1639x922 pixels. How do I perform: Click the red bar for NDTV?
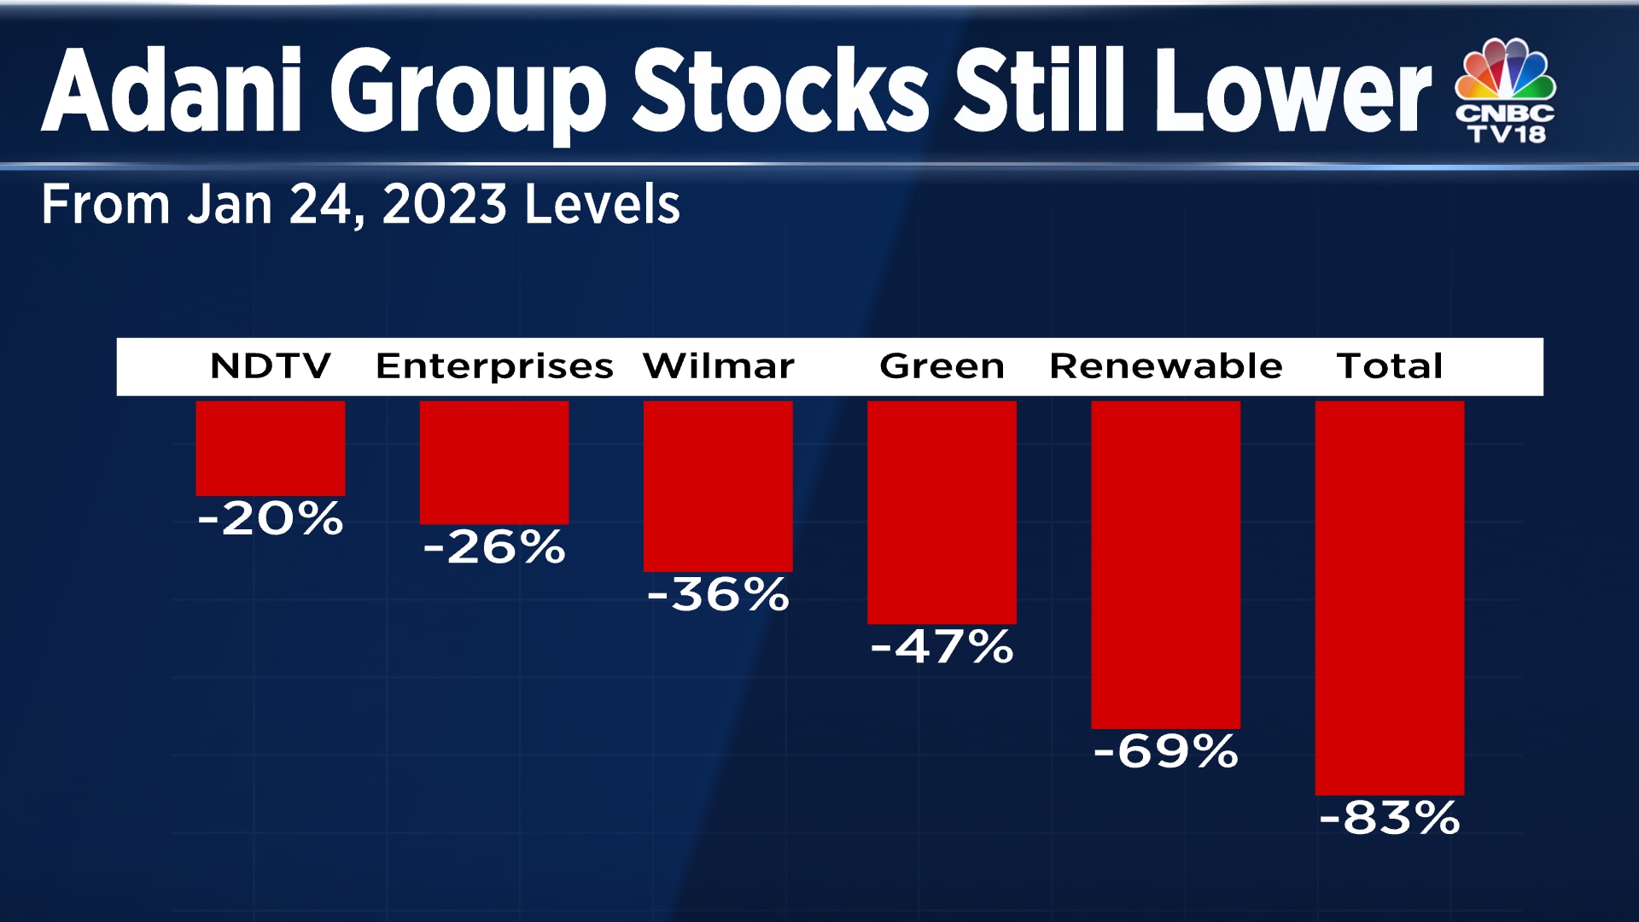pyautogui.click(x=271, y=448)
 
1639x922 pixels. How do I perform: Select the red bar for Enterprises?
pyautogui.click(x=494, y=463)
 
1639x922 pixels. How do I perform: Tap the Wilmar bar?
pyautogui.click(x=718, y=486)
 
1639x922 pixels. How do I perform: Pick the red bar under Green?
pyautogui.click(x=942, y=512)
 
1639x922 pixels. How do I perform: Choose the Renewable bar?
pyautogui.click(x=1165, y=564)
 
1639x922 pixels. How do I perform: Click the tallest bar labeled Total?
pyautogui.click(x=1389, y=598)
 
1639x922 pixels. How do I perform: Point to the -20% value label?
pyautogui.click(x=271, y=518)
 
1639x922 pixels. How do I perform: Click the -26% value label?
pyautogui.click(x=494, y=547)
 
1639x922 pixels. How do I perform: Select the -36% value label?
pyautogui.click(x=718, y=594)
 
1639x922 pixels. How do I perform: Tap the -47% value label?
pyautogui.click(x=942, y=646)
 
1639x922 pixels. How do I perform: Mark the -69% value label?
pyautogui.click(x=1165, y=752)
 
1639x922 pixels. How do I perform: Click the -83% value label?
pyautogui.click(x=1389, y=818)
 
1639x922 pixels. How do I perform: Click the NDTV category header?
pyautogui.click(x=271, y=366)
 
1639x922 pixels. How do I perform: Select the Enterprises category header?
pyautogui.click(x=494, y=366)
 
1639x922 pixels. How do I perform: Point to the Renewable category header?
pyautogui.click(x=1165, y=366)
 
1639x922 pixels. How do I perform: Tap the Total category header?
pyautogui.click(x=1389, y=366)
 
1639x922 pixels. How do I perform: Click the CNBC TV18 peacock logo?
pyautogui.click(x=1505, y=90)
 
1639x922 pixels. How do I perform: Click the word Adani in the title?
pyautogui.click(x=172, y=92)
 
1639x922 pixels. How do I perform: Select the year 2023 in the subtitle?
pyautogui.click(x=444, y=205)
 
